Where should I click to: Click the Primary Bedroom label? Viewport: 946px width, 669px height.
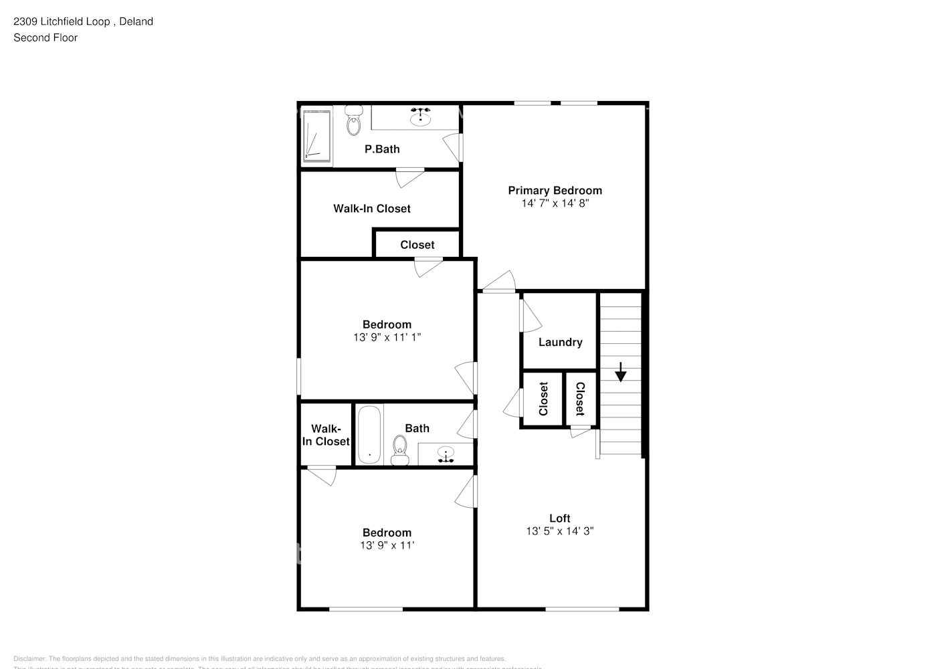555,191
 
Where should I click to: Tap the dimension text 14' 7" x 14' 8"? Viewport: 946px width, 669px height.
555,203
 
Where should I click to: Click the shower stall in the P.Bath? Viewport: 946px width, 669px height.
316,136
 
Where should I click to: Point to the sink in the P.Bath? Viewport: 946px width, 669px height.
420,118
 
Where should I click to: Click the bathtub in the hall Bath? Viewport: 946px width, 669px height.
369,434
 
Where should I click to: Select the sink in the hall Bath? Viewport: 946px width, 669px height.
446,455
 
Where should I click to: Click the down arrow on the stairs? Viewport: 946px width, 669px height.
620,372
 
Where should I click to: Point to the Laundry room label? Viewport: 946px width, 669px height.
560,343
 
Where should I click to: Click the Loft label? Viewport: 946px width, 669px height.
559,518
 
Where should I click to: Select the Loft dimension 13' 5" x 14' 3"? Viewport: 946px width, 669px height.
559,531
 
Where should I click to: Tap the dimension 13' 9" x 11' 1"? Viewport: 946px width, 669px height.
387,338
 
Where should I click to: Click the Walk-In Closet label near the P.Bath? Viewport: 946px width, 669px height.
372,209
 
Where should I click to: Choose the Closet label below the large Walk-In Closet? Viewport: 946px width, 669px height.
417,245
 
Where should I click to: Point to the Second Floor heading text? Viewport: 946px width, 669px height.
45,37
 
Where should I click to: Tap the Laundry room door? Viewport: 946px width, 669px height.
531,314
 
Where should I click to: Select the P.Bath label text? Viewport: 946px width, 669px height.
382,149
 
